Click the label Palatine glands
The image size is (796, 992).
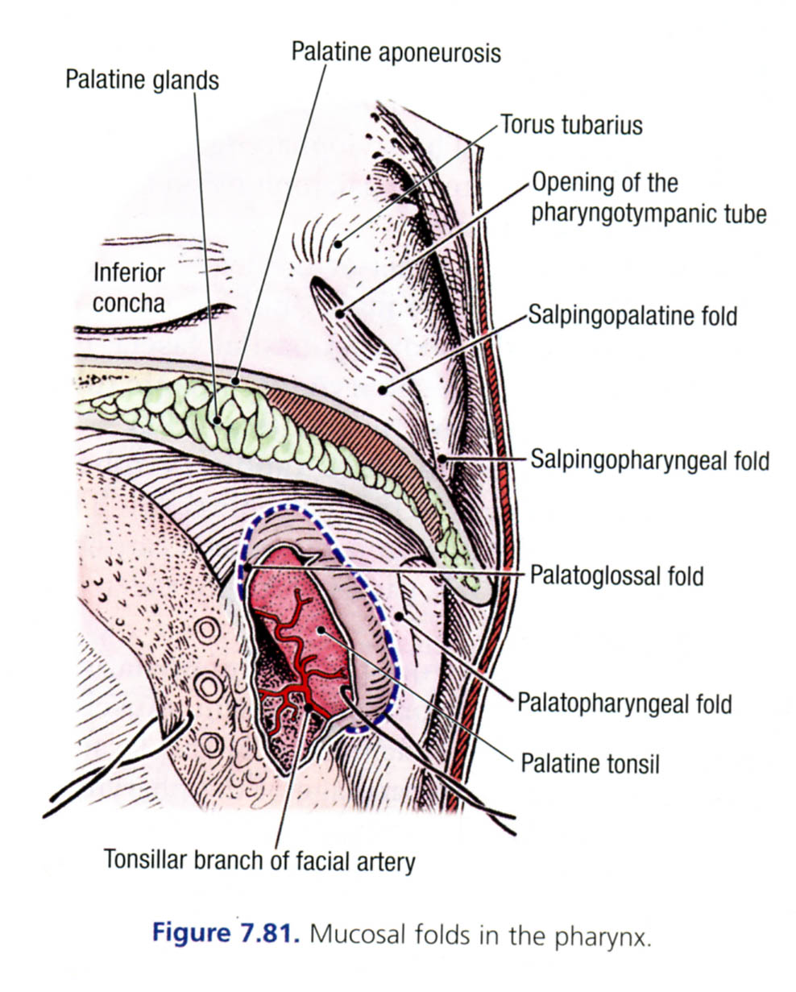pyautogui.click(x=143, y=80)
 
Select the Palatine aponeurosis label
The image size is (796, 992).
pyautogui.click(x=396, y=52)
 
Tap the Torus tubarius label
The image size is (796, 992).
pyautogui.click(x=571, y=125)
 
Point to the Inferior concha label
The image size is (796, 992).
pyautogui.click(x=129, y=287)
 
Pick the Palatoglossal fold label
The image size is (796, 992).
pyautogui.click(x=616, y=575)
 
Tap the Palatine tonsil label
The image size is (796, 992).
pyautogui.click(x=590, y=762)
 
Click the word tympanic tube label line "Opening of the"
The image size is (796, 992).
pyautogui.click(x=604, y=184)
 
